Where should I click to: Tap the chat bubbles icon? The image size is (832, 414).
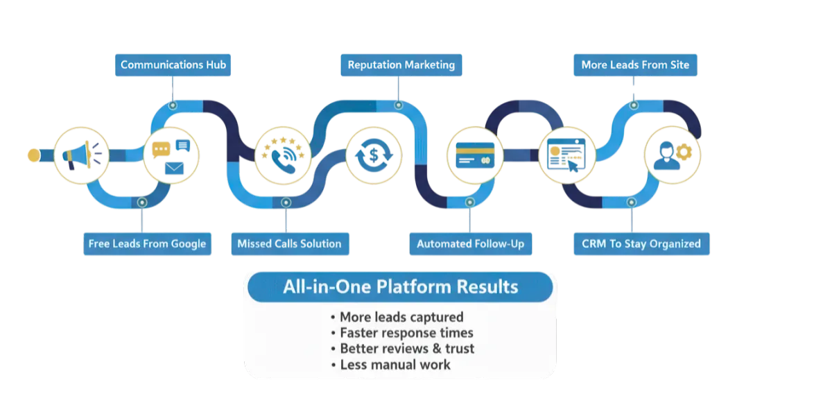point(171,156)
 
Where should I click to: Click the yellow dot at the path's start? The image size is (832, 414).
point(33,155)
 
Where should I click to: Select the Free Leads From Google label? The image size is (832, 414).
point(147,243)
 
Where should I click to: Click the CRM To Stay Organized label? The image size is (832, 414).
point(641,243)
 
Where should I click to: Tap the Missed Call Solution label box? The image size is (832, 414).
point(289,243)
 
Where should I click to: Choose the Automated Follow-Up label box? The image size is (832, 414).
point(470,243)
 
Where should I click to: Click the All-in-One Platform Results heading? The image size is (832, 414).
point(400,286)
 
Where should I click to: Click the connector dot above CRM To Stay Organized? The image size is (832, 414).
point(631,202)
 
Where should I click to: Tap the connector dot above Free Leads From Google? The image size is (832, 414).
point(142,202)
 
